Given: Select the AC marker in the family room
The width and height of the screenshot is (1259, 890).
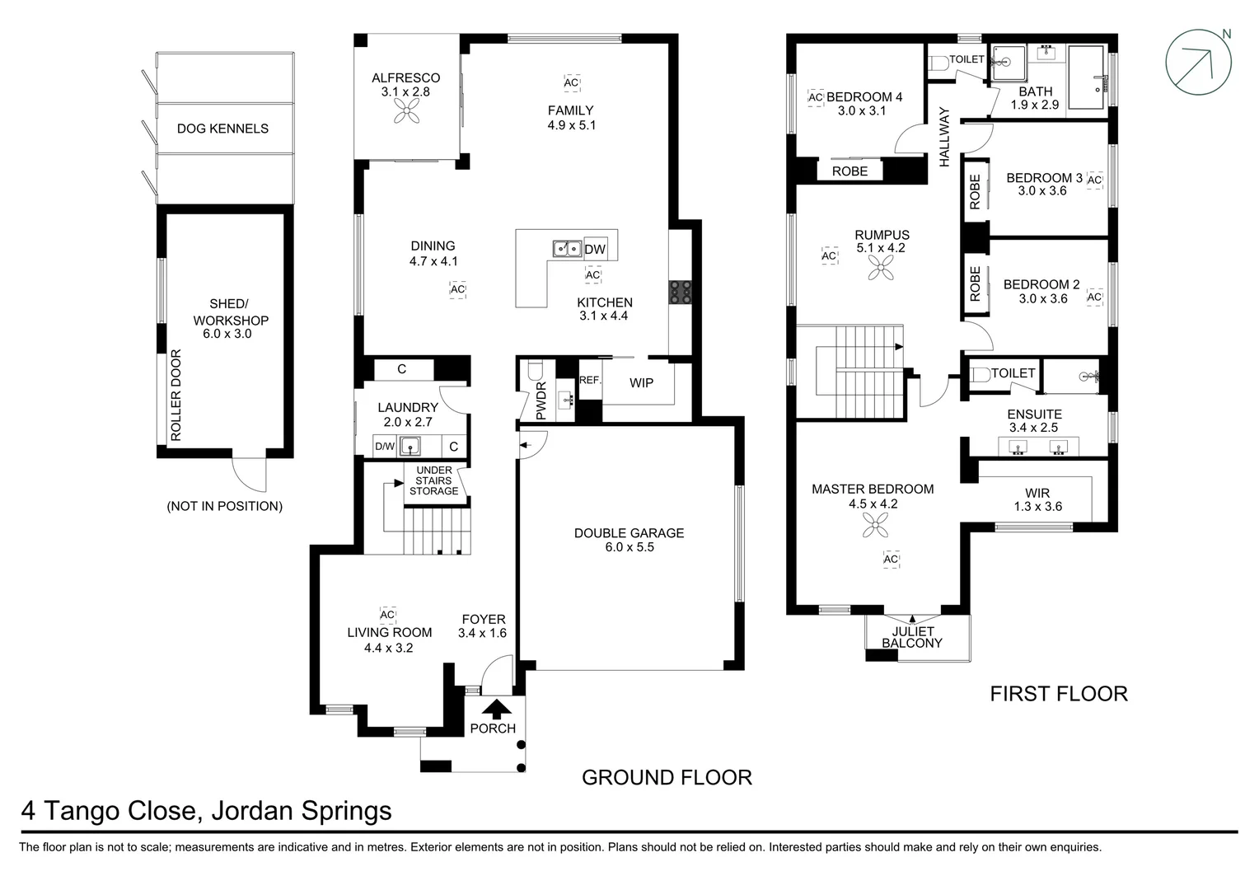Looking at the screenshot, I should (571, 82).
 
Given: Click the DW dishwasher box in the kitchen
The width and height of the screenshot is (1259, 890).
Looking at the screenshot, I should (594, 249).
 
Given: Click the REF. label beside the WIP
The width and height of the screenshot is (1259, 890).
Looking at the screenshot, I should (590, 380).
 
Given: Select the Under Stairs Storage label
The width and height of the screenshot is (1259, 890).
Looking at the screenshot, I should (433, 480).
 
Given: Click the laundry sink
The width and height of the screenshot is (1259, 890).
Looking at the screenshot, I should (410, 447).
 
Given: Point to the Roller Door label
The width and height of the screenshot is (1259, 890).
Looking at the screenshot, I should (175, 395).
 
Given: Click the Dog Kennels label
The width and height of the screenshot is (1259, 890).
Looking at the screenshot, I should (222, 129).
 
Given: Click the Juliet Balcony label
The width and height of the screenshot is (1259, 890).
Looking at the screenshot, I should (912, 637).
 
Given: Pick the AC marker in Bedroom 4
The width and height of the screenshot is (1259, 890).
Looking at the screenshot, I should (816, 98).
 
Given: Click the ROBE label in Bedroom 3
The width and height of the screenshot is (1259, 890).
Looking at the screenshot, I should (975, 191).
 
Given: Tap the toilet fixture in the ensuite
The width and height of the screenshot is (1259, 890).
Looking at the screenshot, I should (981, 374).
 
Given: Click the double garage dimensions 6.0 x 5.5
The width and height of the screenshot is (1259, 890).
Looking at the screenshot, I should (629, 547).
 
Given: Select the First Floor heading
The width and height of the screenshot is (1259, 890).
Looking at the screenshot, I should (1058, 694).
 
